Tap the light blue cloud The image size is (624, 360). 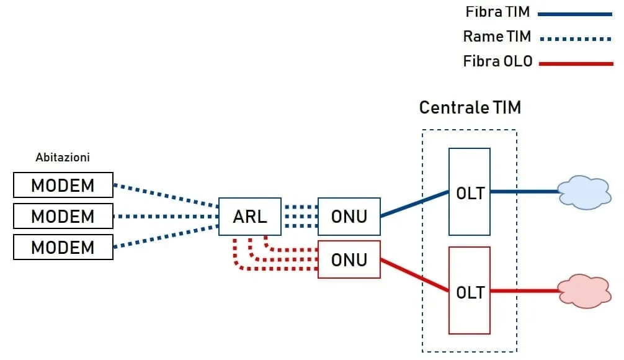(584, 192)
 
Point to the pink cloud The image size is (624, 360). (584, 291)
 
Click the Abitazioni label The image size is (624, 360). (63, 157)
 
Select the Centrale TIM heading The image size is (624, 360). (470, 107)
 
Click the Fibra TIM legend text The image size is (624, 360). (497, 12)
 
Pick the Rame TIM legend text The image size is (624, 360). (497, 36)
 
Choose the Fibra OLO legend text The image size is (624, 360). (498, 61)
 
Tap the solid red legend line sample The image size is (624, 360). (576, 64)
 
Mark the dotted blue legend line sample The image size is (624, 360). (576, 39)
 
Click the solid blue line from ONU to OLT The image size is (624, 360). (415, 204)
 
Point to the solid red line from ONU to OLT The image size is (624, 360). (415, 275)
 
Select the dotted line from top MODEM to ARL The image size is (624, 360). (166, 196)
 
